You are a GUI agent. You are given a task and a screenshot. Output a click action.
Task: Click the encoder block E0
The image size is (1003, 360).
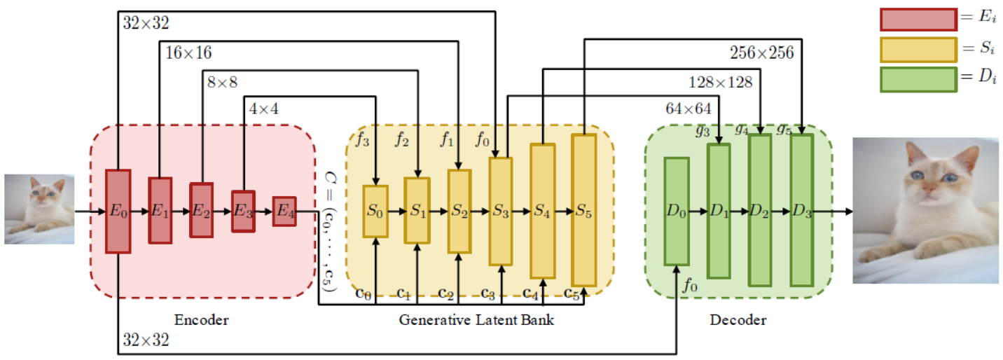[118, 211]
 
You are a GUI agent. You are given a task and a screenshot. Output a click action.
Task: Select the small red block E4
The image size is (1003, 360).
[284, 211]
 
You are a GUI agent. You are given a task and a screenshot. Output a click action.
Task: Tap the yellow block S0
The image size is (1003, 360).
[375, 211]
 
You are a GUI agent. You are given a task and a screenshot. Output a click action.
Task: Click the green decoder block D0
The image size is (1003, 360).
[677, 211]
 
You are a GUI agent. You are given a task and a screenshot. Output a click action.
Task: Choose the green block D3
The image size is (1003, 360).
[802, 210]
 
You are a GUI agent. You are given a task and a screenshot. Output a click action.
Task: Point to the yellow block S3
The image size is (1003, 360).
[500, 211]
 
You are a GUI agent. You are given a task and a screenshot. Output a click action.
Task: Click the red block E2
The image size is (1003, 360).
[201, 211]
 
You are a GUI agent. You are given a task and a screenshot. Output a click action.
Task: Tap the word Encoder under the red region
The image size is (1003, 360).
[202, 320]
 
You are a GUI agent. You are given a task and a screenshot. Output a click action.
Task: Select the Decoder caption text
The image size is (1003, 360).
[738, 320]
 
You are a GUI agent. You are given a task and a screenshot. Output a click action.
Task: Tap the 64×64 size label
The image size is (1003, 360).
[688, 109]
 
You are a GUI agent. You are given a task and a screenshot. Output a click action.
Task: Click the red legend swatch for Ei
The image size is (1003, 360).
[918, 20]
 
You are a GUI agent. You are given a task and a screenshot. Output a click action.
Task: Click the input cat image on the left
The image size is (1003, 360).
[39, 209]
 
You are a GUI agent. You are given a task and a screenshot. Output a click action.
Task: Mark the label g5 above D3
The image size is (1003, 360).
[784, 128]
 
